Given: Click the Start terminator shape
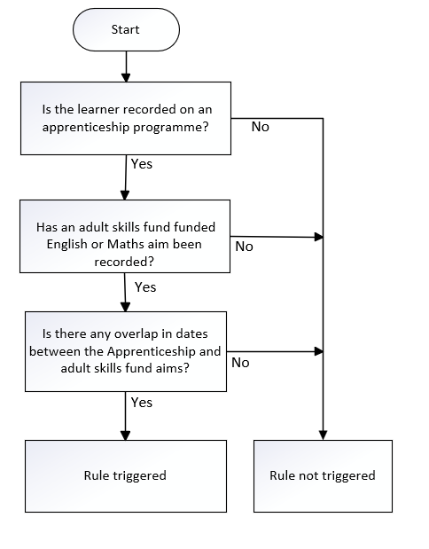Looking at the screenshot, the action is (126, 30).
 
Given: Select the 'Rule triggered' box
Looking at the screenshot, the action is (126, 476).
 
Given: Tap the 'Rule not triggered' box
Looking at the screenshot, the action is (323, 476).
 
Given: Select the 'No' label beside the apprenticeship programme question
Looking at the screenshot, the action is (261, 127).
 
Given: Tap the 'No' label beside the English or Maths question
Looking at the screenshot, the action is (244, 247).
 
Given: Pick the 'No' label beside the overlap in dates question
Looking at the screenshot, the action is (240, 363).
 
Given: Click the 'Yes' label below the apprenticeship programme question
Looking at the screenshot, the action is (142, 164).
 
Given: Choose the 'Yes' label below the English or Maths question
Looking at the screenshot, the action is (145, 287).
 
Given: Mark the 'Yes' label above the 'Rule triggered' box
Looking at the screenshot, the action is (142, 403).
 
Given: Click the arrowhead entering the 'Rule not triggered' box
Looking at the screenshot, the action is (323, 435).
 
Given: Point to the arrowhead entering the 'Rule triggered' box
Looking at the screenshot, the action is (125, 435).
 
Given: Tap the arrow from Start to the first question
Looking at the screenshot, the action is (126, 67).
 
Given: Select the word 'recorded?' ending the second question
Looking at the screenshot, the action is (124, 262).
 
